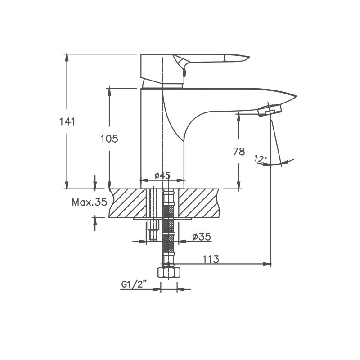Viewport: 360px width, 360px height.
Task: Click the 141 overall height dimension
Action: [67, 121]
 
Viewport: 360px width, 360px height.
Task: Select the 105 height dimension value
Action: [109, 139]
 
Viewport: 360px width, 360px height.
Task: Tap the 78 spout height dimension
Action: [239, 152]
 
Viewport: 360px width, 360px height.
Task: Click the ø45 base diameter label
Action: [162, 175]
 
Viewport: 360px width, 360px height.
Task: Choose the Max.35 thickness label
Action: [90, 202]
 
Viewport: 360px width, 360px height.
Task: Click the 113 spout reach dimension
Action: [210, 259]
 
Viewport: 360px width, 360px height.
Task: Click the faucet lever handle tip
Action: [243, 57]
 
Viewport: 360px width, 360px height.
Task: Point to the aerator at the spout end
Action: [270, 110]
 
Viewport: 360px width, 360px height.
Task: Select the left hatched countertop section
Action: [128, 203]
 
